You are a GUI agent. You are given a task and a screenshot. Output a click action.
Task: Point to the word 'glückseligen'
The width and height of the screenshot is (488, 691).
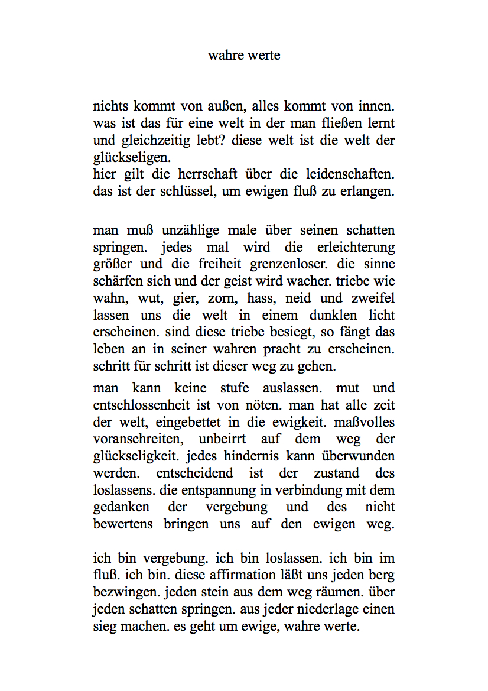[131, 158]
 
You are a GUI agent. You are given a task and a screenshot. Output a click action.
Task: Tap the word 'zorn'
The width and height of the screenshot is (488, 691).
[221, 299]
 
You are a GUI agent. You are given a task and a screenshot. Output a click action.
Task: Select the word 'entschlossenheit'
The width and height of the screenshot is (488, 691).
[141, 406]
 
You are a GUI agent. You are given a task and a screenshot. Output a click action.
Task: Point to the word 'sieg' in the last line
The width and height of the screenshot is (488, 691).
[105, 627]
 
